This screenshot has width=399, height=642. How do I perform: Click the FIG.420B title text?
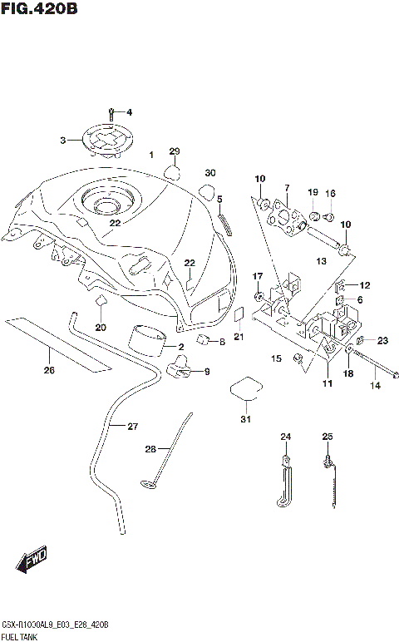[x=39, y=9]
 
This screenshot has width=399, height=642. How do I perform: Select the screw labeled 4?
[x=111, y=111]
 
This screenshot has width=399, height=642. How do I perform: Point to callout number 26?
[x=49, y=370]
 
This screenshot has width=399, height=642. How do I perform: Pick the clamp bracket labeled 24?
[x=283, y=483]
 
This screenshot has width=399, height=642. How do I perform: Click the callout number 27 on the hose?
[x=132, y=426]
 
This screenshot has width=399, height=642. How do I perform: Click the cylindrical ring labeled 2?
[x=147, y=341]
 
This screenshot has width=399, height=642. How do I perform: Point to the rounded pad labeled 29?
[x=173, y=172]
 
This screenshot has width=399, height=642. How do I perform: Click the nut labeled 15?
[x=297, y=359]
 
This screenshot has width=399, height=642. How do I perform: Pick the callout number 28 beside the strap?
[x=150, y=449]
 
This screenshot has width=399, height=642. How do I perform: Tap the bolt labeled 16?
[x=329, y=219]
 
